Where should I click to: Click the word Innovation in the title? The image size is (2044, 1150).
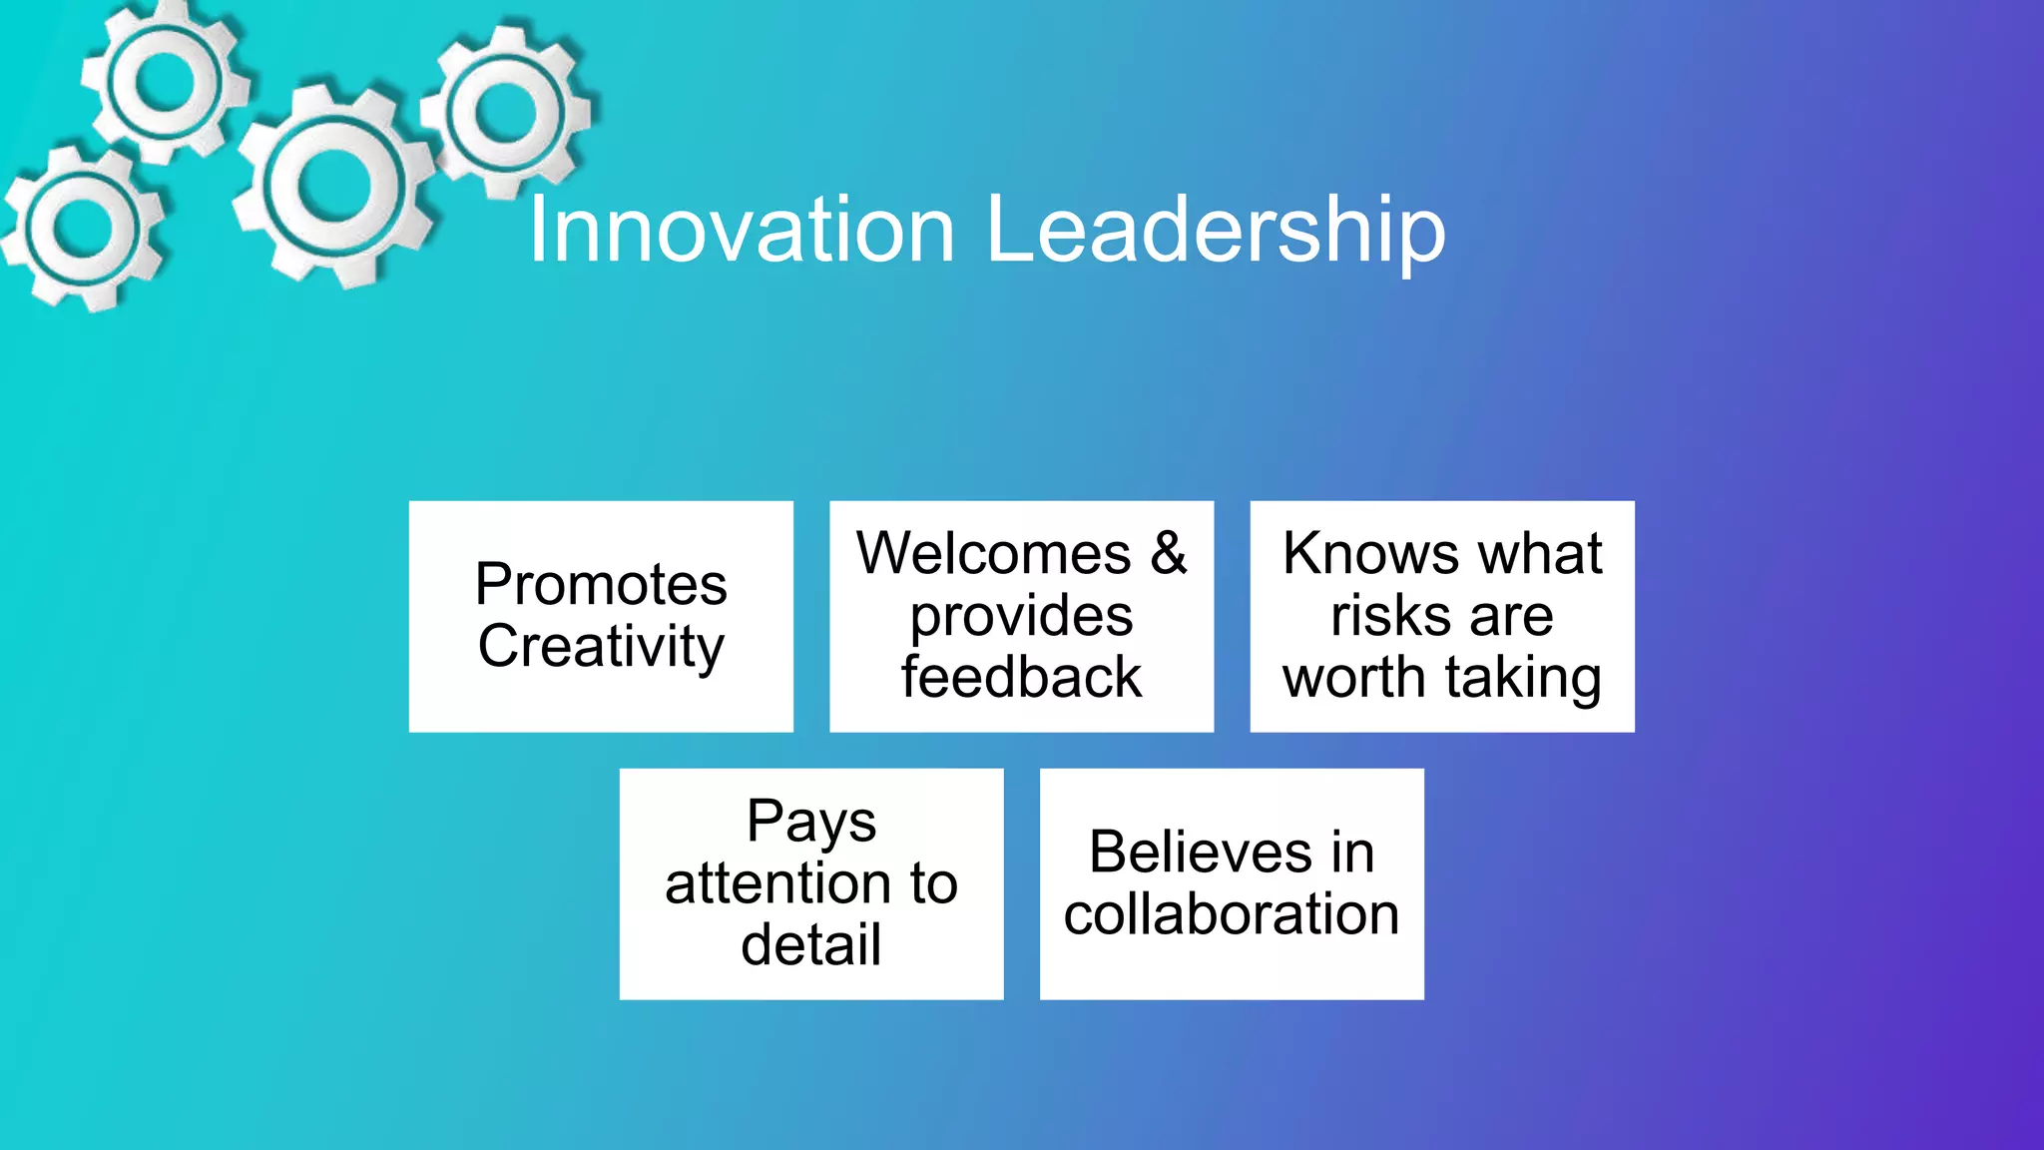(x=742, y=231)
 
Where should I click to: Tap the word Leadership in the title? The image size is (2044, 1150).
(x=1216, y=231)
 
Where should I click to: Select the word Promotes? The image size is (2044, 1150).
(x=601, y=584)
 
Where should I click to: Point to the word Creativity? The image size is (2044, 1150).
(x=601, y=646)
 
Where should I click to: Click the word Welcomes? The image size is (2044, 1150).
(x=994, y=553)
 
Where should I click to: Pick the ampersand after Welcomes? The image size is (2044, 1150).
(x=1168, y=553)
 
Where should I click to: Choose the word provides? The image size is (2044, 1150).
(x=1021, y=616)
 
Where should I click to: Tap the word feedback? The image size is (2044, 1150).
(x=1021, y=678)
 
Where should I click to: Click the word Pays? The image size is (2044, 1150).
(x=811, y=822)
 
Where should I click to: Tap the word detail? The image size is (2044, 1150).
(x=811, y=945)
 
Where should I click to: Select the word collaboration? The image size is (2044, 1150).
(x=1232, y=914)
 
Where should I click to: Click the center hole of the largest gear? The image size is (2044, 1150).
(x=333, y=187)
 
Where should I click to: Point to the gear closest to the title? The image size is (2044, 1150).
(x=507, y=111)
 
